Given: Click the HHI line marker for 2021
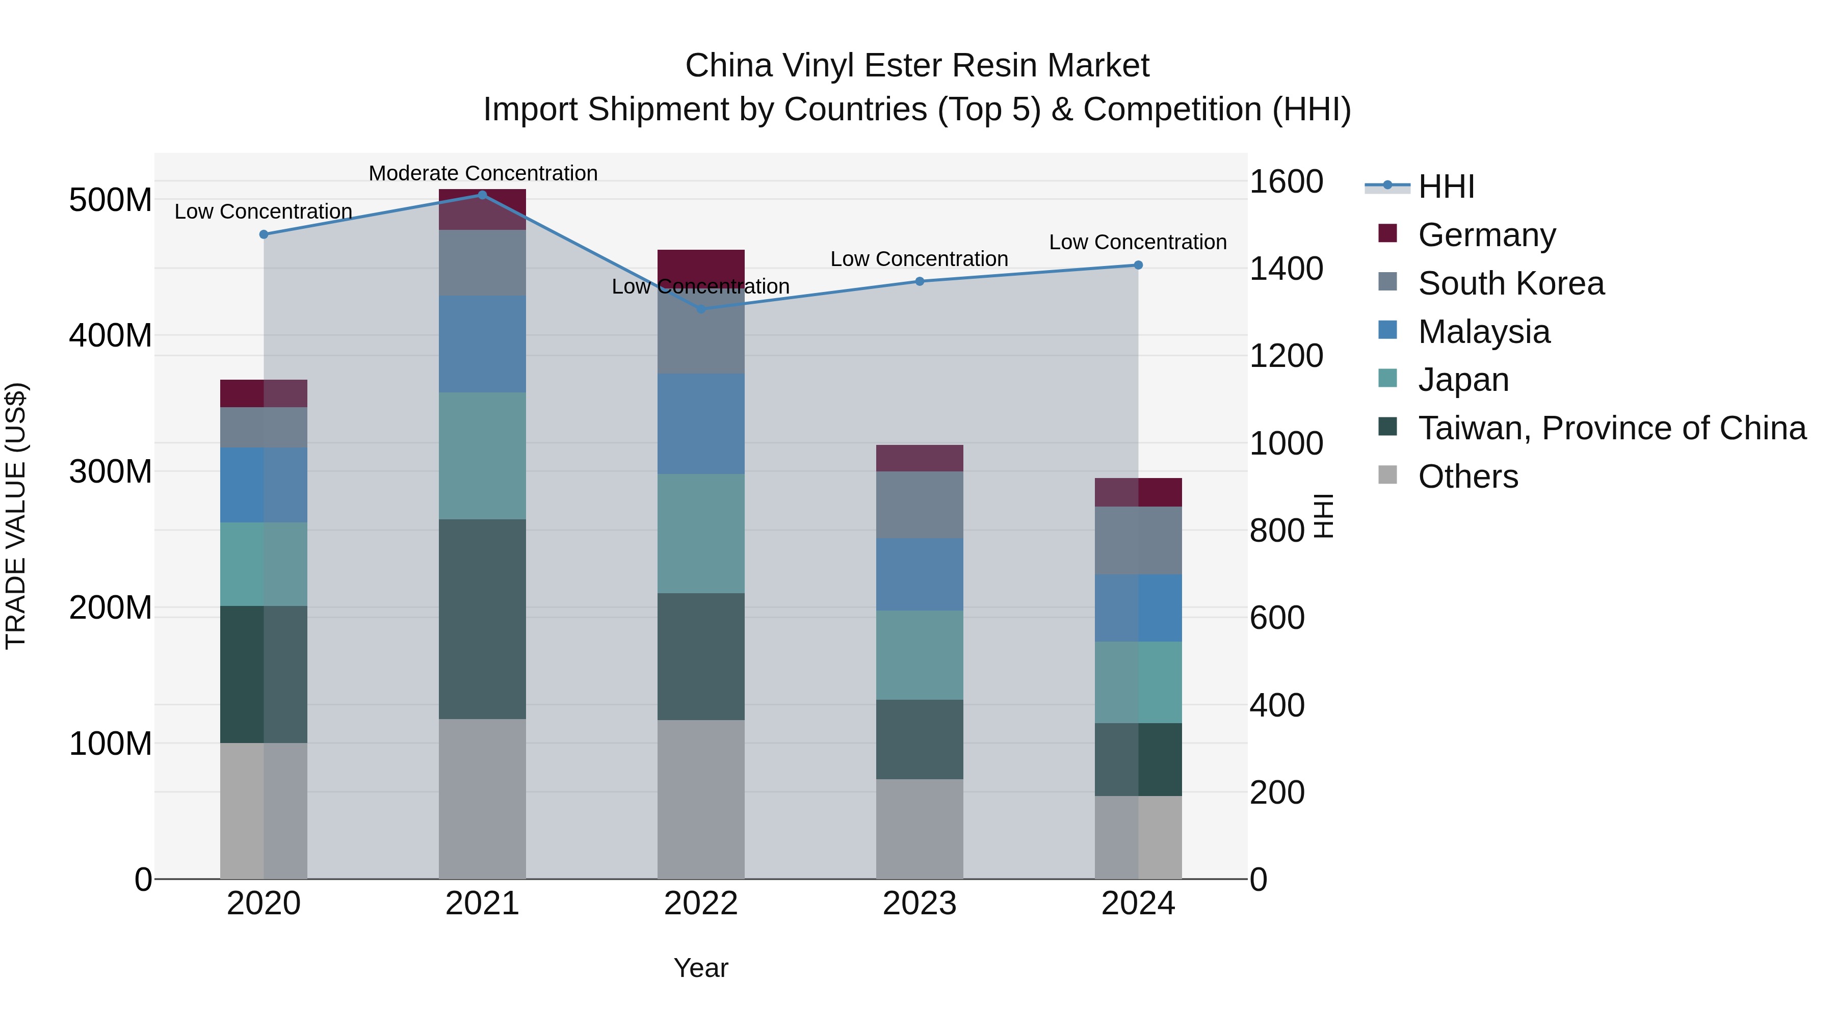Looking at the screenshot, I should (x=482, y=195).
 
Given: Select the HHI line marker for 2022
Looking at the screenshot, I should (x=701, y=309).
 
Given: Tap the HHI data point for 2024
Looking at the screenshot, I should (x=1138, y=265).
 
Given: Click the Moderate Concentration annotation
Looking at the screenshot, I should (x=483, y=173).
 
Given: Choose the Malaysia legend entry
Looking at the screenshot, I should (x=1483, y=332).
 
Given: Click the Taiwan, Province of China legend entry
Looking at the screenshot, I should (x=1611, y=428).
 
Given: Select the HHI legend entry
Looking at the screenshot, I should (x=1446, y=187).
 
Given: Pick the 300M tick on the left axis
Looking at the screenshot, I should (x=111, y=471).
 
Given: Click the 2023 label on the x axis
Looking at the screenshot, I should (x=920, y=904).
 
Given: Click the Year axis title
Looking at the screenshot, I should (x=701, y=968).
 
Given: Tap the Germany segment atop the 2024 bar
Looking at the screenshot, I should (x=1138, y=492).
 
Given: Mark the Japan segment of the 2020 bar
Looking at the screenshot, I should (x=264, y=564).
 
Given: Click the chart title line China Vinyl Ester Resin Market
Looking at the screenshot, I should (x=917, y=66).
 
